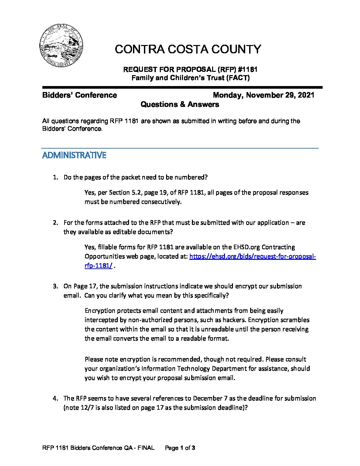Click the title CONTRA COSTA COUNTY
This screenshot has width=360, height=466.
(x=188, y=49)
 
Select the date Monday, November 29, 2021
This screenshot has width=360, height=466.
(x=263, y=95)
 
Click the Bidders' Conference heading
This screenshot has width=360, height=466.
(x=79, y=95)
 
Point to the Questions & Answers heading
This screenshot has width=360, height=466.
(x=180, y=105)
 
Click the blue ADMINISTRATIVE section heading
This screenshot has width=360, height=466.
(x=74, y=156)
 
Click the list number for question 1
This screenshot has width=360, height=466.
(x=55, y=177)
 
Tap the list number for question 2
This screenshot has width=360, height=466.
(x=55, y=223)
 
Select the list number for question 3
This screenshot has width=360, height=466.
(x=55, y=286)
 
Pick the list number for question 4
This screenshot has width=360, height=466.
(x=55, y=398)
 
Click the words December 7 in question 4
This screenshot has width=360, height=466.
(x=209, y=398)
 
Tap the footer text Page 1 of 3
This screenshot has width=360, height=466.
(x=180, y=448)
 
